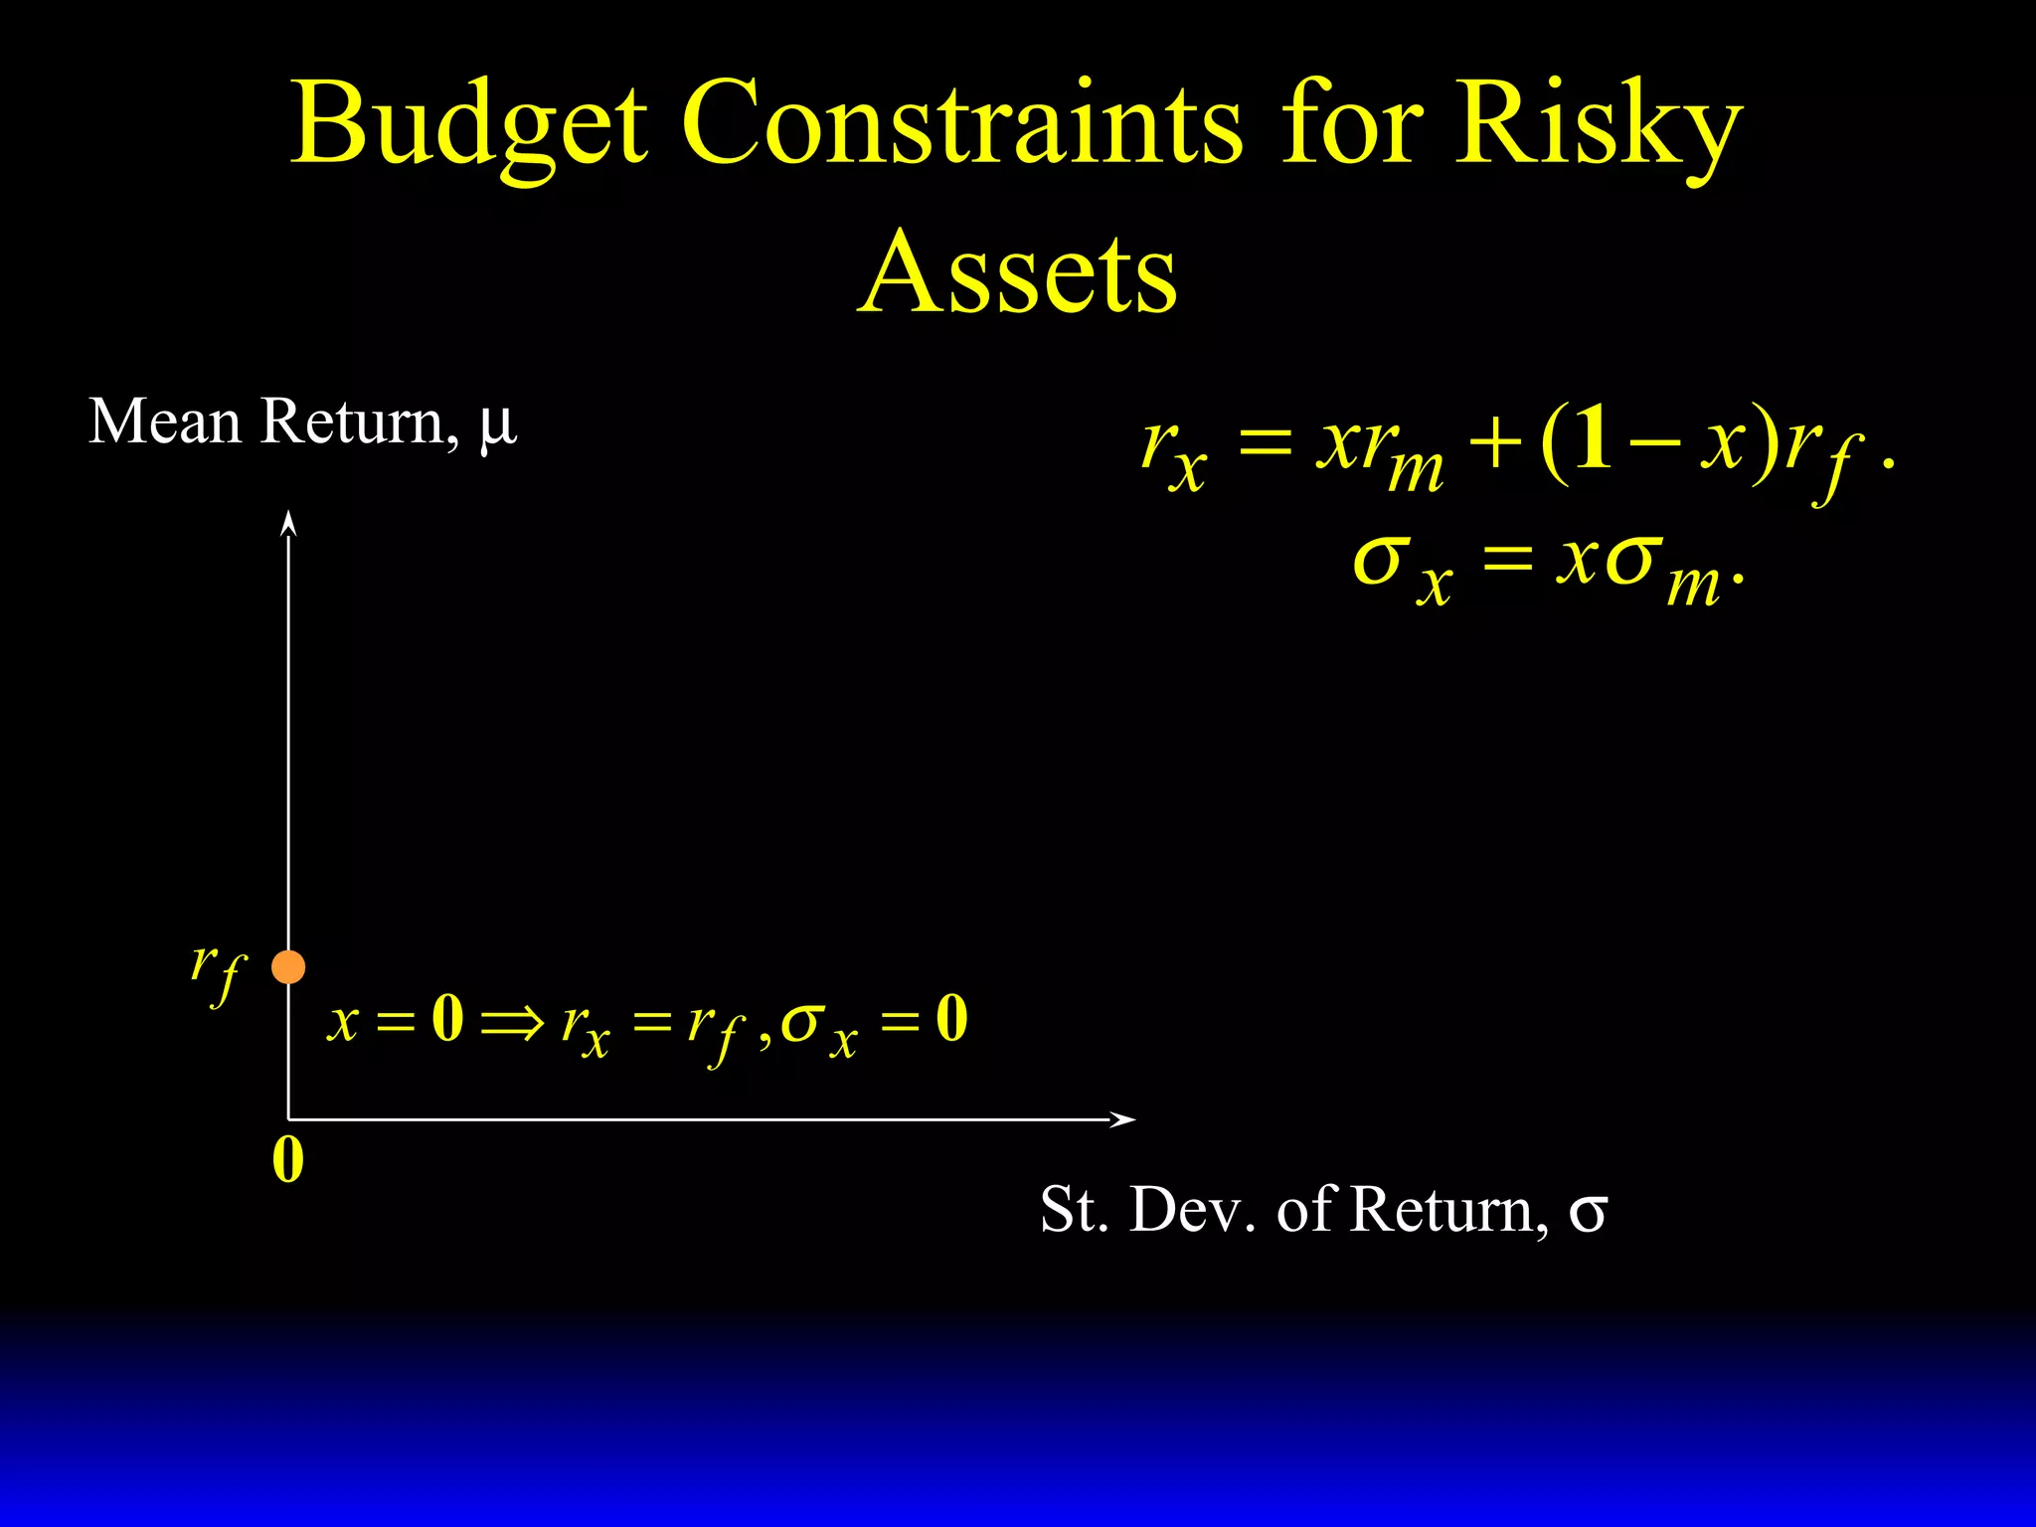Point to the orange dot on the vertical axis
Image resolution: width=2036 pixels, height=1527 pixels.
point(288,966)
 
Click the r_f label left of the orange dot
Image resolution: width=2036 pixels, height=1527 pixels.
point(218,971)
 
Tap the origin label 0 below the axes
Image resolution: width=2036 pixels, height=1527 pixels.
point(288,1159)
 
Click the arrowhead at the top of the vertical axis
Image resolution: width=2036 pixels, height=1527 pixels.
point(288,522)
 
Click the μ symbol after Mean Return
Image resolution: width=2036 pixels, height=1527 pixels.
point(497,424)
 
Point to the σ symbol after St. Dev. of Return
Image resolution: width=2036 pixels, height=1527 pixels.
point(1588,1212)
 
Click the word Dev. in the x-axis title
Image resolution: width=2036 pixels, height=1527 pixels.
point(1193,1210)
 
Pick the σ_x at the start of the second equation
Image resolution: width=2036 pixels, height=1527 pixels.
point(1402,567)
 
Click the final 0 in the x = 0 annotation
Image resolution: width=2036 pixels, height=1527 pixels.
point(951,1019)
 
